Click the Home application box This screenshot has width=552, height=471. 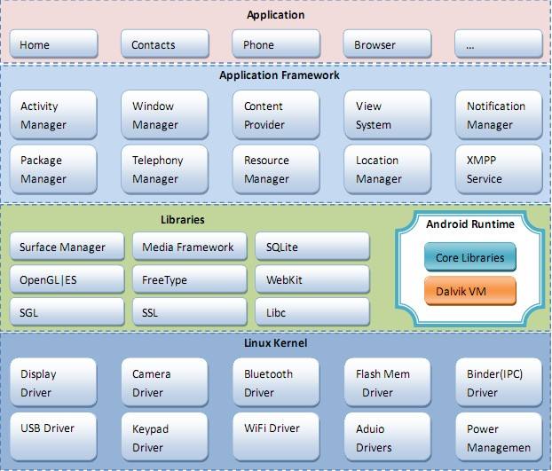pos(53,44)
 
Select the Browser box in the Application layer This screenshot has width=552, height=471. pos(387,44)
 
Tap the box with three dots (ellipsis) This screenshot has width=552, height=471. pos(499,44)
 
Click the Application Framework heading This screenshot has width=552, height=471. pos(280,75)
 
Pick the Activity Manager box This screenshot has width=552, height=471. pos(53,115)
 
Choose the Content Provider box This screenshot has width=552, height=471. pos(276,115)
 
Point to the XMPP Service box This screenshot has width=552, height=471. pos(499,169)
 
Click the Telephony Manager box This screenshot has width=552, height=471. pos(165,169)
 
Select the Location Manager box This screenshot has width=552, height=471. pos(387,169)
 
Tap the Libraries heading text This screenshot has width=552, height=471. pos(182,220)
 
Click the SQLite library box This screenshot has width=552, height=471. pos(312,247)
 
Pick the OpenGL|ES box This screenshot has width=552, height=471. pos(67,279)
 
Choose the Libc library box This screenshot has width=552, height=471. pos(312,312)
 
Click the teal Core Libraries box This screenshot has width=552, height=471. pos(470,257)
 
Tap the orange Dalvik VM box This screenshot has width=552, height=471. pos(470,291)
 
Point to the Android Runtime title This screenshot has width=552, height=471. pos(470,224)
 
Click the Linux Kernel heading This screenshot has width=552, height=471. pos(276,343)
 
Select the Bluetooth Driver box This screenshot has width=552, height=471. pos(276,382)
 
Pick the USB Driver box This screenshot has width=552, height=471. pos(53,437)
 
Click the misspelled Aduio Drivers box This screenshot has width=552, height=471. pos(387,437)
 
